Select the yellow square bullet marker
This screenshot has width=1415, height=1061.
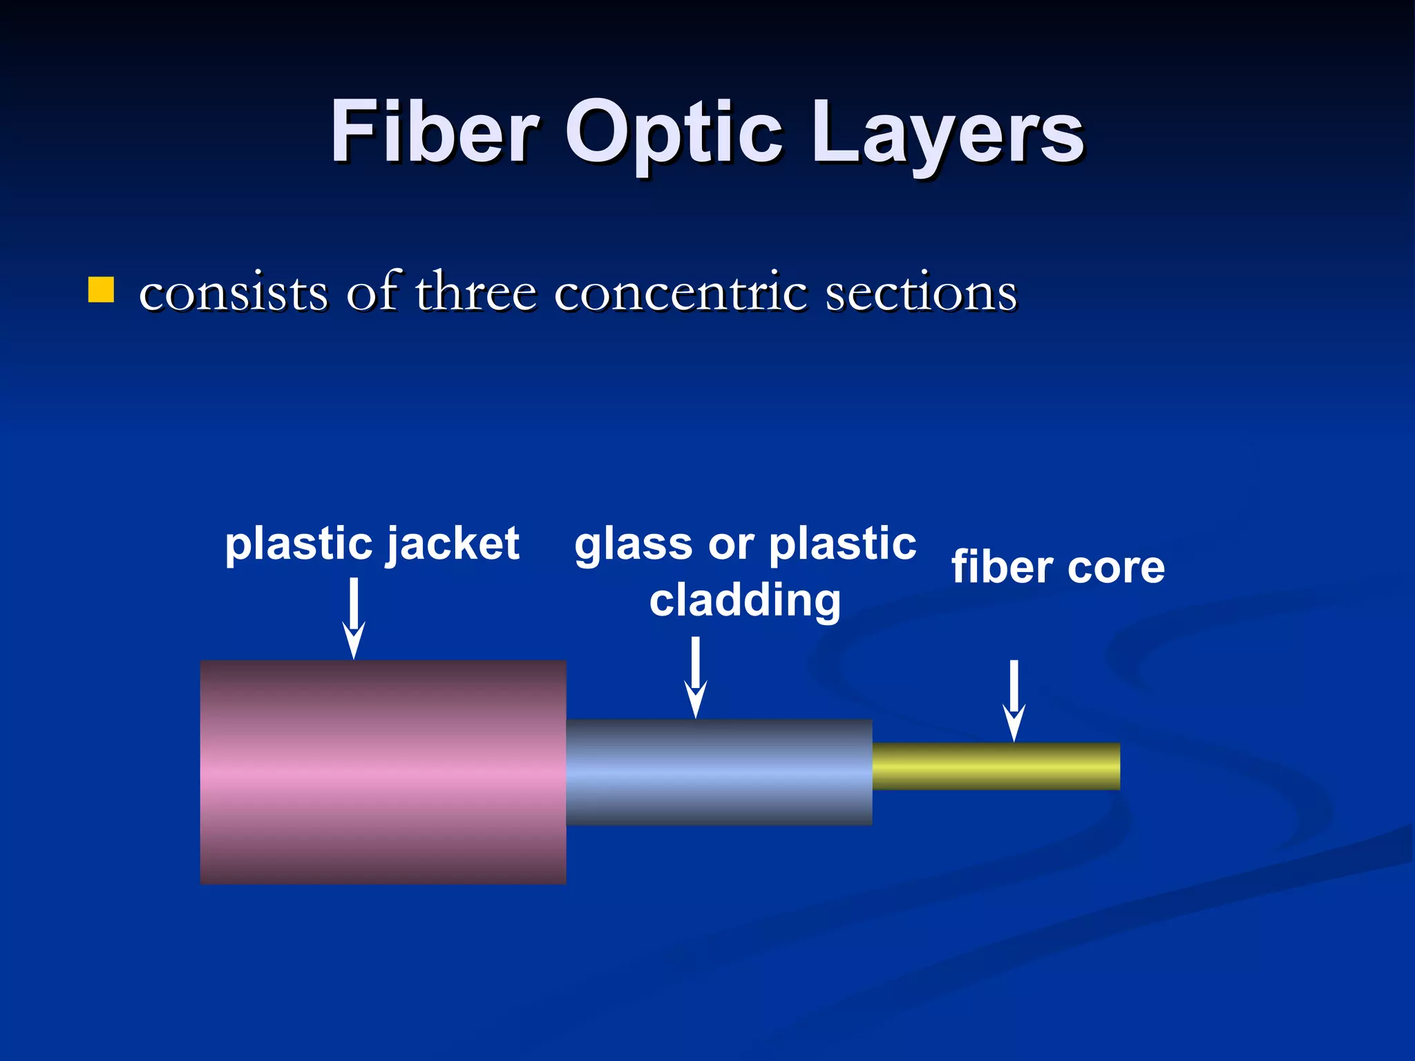point(101,290)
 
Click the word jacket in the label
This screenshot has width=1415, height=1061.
point(452,544)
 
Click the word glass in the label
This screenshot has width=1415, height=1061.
point(633,546)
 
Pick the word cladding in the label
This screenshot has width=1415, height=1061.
point(745,601)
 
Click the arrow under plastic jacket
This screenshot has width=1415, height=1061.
point(354,618)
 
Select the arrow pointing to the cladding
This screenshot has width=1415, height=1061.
point(696,677)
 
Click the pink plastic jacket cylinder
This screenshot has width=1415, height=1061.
point(383,772)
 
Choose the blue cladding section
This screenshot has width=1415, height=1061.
point(719,772)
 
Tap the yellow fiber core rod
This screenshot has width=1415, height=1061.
point(995,766)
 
